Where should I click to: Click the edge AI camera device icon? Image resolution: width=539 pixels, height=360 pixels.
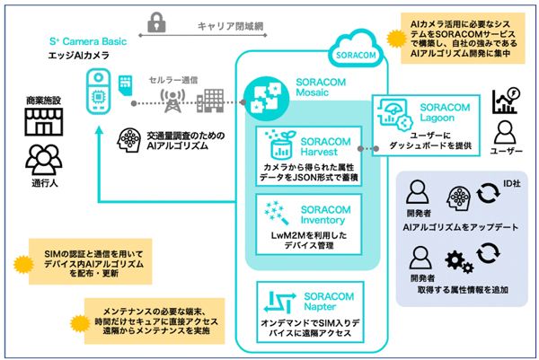102,93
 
